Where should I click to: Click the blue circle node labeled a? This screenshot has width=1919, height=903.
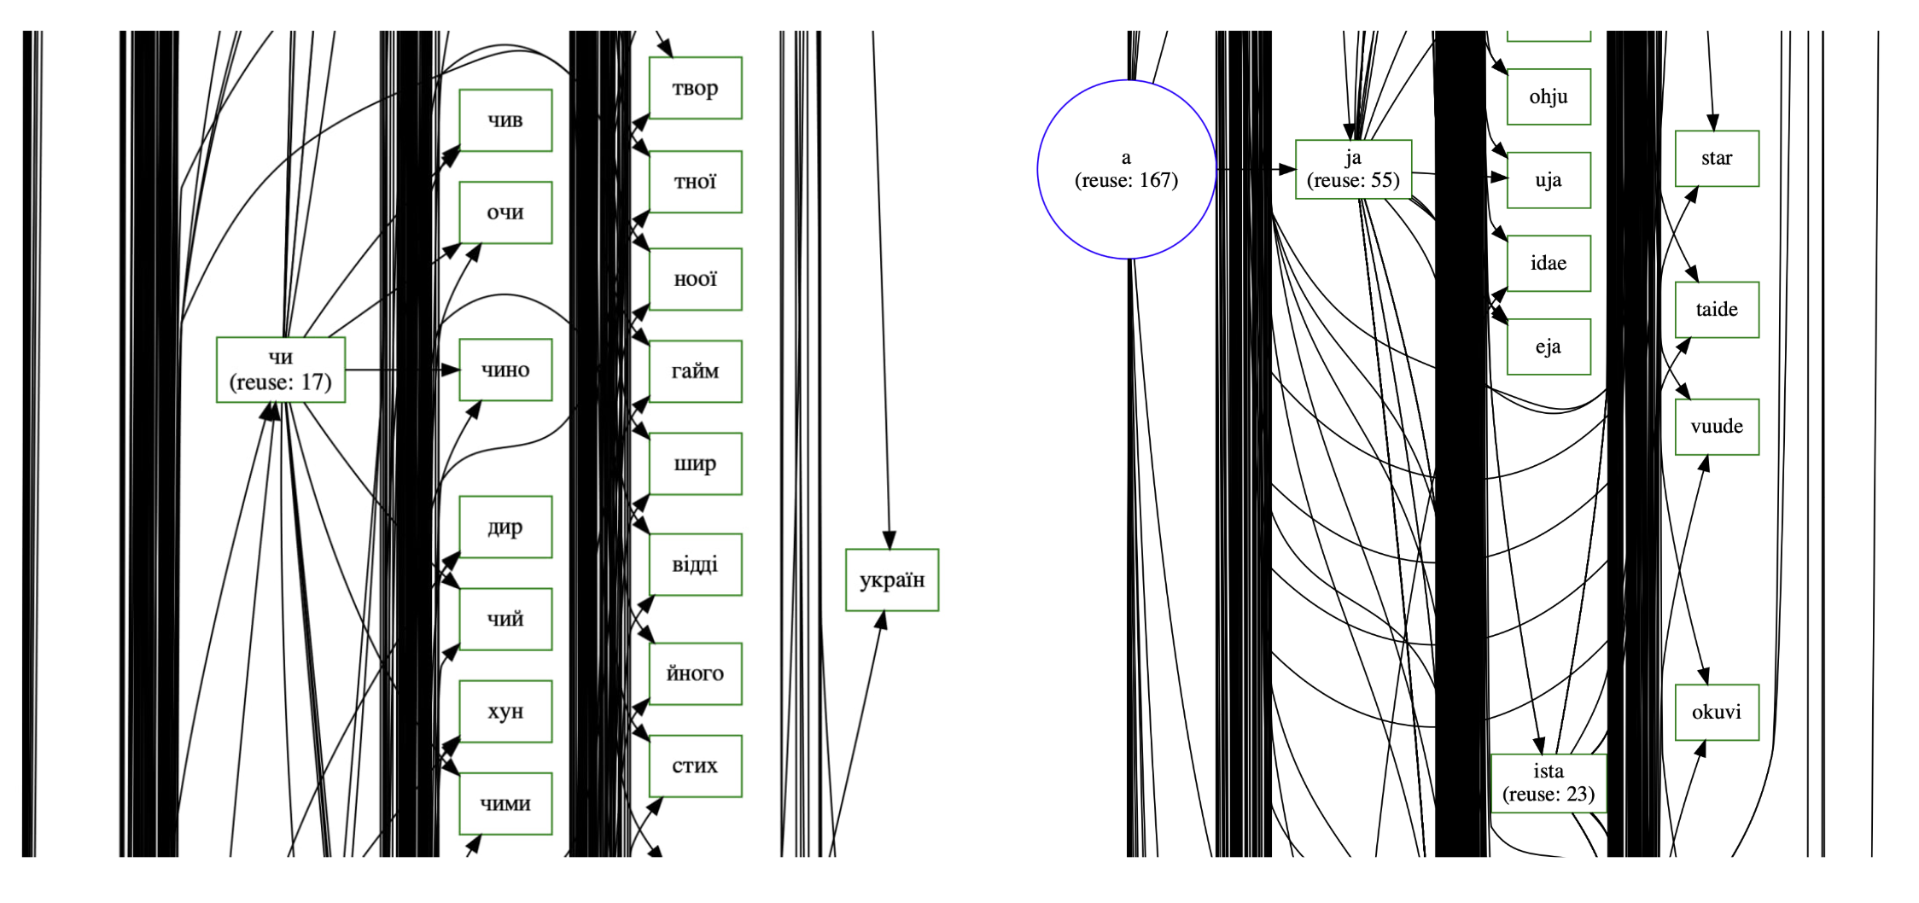[1126, 169]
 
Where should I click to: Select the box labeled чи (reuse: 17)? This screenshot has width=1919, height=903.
[281, 370]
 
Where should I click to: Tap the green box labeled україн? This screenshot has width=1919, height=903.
[891, 580]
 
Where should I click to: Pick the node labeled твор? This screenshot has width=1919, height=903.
[695, 88]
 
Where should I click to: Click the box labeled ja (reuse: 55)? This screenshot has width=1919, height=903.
[1353, 169]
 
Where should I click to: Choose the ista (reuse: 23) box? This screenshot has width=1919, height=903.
[1548, 783]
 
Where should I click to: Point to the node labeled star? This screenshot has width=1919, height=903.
[1716, 158]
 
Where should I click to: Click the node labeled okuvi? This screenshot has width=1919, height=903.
[1716, 712]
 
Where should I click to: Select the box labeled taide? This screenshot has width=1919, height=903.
[1716, 309]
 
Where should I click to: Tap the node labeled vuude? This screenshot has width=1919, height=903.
[1716, 426]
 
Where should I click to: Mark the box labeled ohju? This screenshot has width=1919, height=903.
[1548, 96]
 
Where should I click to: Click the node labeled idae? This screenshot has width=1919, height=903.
[1548, 263]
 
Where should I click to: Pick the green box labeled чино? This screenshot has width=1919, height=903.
[505, 370]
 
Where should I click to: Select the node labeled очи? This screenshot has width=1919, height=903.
[505, 213]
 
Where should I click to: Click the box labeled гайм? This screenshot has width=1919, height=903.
[695, 371]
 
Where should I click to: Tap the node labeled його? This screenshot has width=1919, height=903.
[695, 673]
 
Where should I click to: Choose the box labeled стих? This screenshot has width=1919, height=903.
[695, 766]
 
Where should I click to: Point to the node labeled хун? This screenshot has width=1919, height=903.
[505, 711]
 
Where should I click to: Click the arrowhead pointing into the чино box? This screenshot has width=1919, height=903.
[451, 370]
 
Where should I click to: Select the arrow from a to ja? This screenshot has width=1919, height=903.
[1255, 169]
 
